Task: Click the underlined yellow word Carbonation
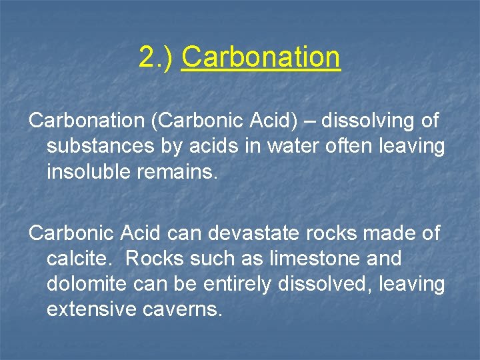(x=261, y=58)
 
